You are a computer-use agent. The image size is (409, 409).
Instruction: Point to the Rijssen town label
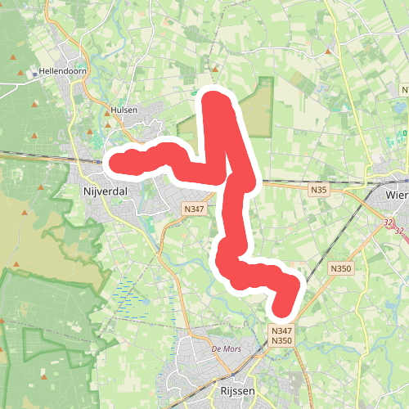coord(238,391)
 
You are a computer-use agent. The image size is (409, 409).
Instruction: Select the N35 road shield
coord(319,190)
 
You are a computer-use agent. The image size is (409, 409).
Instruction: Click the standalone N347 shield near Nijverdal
coord(194,209)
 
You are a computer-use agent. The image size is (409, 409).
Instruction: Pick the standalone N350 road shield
coord(340,268)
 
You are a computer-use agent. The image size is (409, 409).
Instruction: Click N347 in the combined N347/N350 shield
coord(281,330)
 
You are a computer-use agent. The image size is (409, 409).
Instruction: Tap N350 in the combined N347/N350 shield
coord(281,340)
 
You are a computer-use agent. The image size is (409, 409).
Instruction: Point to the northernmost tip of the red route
coord(214,99)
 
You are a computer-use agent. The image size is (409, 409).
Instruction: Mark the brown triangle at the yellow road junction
coord(329,51)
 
